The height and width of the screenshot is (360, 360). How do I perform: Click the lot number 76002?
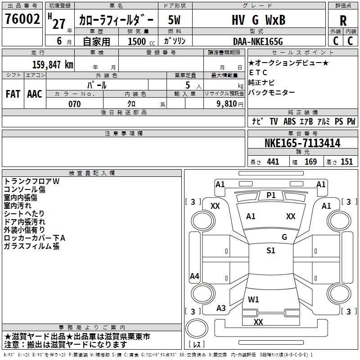coord(22,18)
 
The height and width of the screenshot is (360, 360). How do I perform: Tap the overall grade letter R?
coord(343,21)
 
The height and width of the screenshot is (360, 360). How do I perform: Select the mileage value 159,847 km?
coord(53,65)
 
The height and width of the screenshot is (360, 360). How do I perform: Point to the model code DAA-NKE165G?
coord(258,41)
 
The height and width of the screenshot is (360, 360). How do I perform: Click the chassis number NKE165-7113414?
coord(302,143)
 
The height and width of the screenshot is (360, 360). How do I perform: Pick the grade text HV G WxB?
coord(258,20)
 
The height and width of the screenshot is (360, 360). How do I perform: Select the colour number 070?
coord(75,104)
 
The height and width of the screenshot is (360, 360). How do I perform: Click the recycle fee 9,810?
coord(227,104)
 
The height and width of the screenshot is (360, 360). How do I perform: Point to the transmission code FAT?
coord(13,94)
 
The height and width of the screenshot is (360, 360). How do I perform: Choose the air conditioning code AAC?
coord(35,94)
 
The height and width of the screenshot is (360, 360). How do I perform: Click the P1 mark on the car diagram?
coord(271,195)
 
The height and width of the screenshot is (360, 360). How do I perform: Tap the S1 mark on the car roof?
coord(271,251)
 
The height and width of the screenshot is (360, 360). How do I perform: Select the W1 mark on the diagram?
coord(253,299)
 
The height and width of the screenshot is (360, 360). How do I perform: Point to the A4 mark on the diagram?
coord(194,276)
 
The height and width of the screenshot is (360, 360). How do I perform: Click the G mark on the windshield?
coord(284,237)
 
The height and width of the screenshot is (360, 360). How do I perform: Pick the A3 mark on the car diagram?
coord(221,308)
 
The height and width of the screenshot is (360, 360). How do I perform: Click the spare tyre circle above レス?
coord(197,328)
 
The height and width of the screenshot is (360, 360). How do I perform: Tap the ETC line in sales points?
coord(258,72)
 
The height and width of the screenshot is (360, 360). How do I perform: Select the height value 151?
coord(346,162)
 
